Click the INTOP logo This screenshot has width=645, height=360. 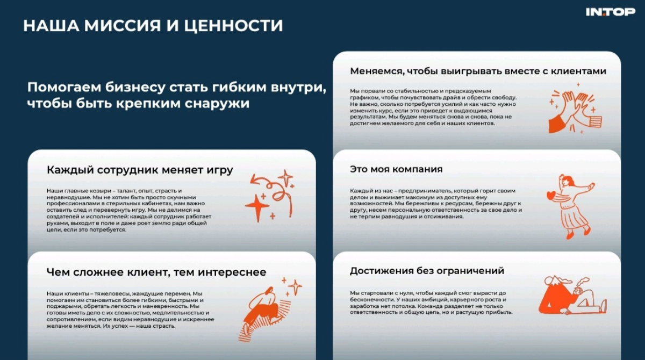coord(610,12)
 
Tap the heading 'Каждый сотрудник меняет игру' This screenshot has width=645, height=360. coord(140,170)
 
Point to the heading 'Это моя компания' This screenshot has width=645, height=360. coord(396,169)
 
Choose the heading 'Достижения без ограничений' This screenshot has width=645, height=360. coord(427,271)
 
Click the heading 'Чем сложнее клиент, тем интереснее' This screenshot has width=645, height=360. coord(156,272)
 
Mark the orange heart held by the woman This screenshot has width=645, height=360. coord(550,195)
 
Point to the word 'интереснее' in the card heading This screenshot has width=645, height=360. coord(234,272)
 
